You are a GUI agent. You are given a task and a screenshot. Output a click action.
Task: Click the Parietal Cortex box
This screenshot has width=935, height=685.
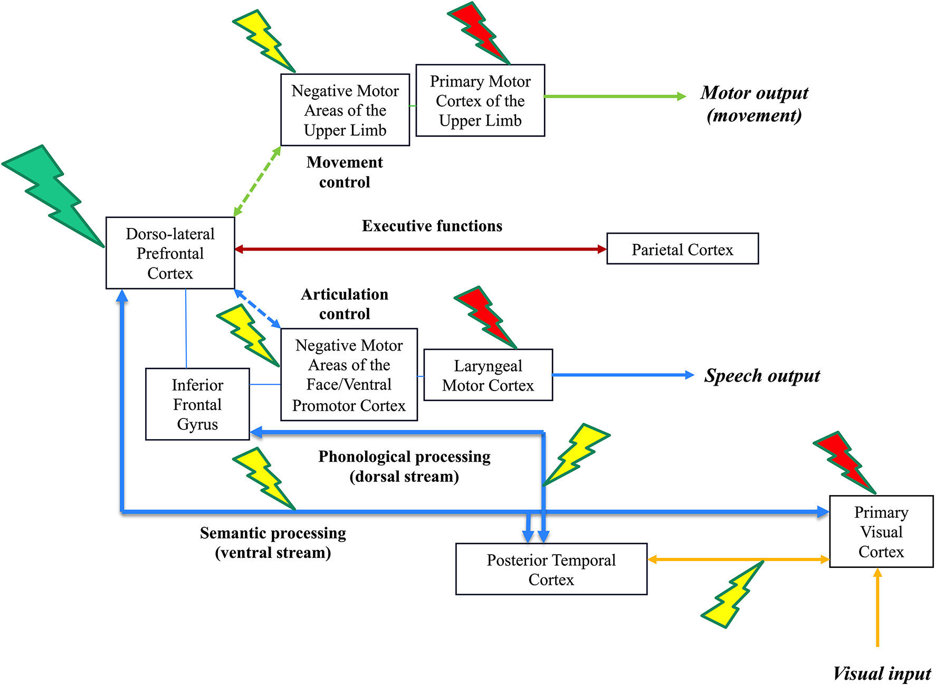(x=682, y=249)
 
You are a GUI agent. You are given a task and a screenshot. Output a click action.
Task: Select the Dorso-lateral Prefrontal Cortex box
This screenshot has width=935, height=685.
(x=170, y=253)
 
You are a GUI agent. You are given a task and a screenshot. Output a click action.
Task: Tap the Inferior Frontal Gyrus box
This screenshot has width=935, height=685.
(x=197, y=404)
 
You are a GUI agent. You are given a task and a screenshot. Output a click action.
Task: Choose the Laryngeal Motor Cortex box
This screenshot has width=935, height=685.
(x=488, y=375)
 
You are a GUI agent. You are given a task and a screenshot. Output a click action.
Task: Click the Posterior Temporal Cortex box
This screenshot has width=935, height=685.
(x=551, y=569)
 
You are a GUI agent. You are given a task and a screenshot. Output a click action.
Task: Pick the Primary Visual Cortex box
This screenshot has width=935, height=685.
(x=881, y=531)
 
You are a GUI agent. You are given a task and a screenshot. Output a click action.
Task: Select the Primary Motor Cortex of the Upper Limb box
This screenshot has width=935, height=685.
(x=480, y=101)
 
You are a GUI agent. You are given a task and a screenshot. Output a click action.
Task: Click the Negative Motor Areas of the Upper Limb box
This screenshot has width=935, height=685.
(x=345, y=110)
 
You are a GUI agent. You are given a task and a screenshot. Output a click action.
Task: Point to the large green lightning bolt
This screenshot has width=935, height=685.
(x=53, y=195)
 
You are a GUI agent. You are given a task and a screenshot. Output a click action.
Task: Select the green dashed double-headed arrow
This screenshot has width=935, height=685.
(x=257, y=181)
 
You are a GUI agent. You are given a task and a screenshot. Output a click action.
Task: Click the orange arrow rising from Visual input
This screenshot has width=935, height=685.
(x=877, y=607)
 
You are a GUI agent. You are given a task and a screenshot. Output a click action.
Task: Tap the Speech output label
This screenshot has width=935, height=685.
(x=762, y=376)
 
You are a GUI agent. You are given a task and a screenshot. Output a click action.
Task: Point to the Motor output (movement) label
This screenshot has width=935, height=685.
(x=754, y=104)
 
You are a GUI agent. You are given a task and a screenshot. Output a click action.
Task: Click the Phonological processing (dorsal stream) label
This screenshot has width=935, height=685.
(x=404, y=467)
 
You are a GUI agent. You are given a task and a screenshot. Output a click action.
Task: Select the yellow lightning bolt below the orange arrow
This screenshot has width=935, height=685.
(x=732, y=595)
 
